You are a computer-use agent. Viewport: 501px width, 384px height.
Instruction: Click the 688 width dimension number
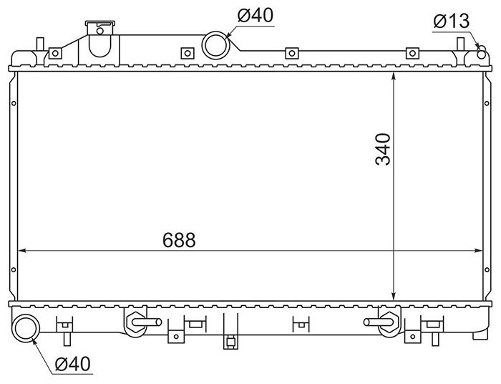coord(179,240)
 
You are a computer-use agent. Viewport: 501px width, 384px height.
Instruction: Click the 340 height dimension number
coord(383,149)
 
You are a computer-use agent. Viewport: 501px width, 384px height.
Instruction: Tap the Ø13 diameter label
coord(451,21)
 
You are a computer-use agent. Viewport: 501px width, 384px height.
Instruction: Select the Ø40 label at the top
coord(256,15)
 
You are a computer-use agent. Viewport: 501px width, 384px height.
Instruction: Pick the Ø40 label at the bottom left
coord(73,363)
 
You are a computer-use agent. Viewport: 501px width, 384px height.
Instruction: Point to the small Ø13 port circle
coord(482,54)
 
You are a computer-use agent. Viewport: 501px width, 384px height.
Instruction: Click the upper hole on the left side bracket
coord(14,103)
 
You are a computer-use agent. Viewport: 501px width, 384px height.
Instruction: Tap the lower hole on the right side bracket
coord(487,270)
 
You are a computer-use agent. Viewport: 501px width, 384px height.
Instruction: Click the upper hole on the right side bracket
coord(487,103)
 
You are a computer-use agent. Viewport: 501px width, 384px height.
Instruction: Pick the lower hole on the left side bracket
coord(14,270)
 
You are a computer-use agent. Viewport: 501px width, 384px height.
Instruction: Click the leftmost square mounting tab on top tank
coord(55,53)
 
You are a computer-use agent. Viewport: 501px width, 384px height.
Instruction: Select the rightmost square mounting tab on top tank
coord(412,53)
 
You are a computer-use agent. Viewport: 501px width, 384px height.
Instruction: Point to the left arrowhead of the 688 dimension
coord(21,251)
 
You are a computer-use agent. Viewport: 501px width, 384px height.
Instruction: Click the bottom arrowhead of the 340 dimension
coord(394,297)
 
